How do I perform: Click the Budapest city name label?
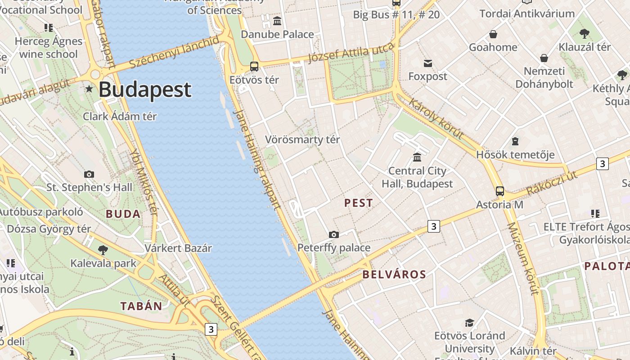[145, 89]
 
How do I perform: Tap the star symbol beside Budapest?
[89, 89]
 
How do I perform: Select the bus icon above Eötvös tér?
[254, 67]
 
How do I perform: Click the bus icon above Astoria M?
[499, 191]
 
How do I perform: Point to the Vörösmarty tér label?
[302, 139]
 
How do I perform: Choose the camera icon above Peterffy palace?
[333, 234]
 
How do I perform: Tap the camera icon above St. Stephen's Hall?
[89, 174]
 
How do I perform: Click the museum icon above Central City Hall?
[417, 157]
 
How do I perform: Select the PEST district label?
[359, 203]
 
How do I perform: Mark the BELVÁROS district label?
[394, 274]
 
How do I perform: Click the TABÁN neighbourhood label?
[141, 306]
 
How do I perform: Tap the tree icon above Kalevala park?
[103, 250]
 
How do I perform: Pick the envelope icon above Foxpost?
[427, 63]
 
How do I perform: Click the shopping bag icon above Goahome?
[493, 34]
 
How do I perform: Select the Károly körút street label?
[436, 118]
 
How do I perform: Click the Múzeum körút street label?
[522, 258]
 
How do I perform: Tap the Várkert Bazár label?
[178, 248]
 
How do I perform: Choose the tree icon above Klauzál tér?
[585, 33]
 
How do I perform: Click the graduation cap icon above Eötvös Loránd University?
[469, 323]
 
